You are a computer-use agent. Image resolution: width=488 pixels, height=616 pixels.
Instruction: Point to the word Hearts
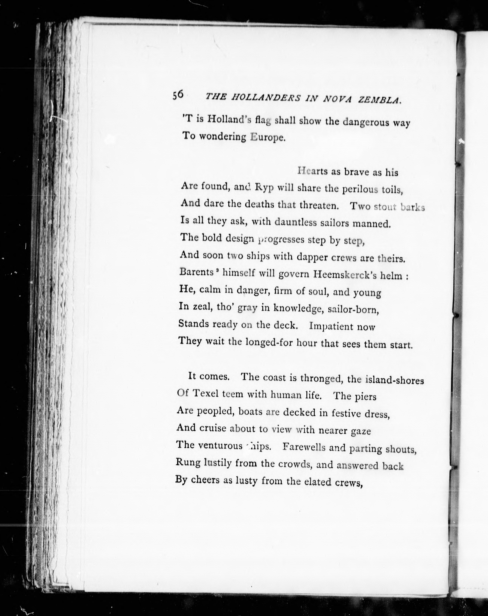(312, 171)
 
